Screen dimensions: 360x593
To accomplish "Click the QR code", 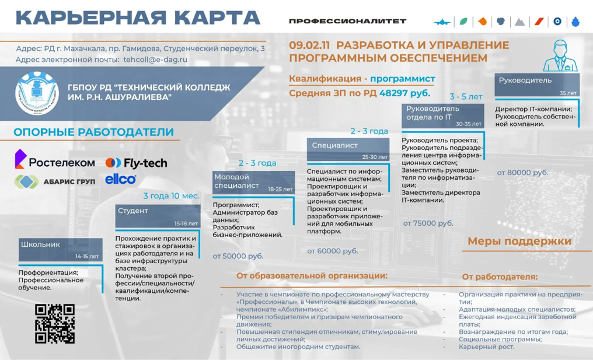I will [x=55, y=323].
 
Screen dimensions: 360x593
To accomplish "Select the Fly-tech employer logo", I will [x=136, y=163].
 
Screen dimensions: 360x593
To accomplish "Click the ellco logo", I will [x=121, y=179].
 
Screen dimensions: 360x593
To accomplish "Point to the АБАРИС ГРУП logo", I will [x=54, y=181].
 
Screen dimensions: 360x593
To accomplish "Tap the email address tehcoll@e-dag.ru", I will [x=155, y=60].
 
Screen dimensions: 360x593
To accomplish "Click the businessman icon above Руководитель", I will [x=558, y=55].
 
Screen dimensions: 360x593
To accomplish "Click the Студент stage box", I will [x=158, y=215].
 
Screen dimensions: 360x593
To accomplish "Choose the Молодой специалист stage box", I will [x=253, y=181].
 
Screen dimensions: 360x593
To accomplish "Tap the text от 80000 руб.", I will [x=522, y=173].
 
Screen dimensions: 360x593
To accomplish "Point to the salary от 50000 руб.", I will [x=238, y=256].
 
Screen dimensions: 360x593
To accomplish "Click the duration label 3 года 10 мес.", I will [x=172, y=196].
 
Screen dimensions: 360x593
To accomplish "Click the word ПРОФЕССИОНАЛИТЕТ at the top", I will [x=347, y=21].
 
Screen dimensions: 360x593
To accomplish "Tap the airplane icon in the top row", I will [x=444, y=22].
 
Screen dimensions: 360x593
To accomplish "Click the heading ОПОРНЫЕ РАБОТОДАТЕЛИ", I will [x=93, y=132].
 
